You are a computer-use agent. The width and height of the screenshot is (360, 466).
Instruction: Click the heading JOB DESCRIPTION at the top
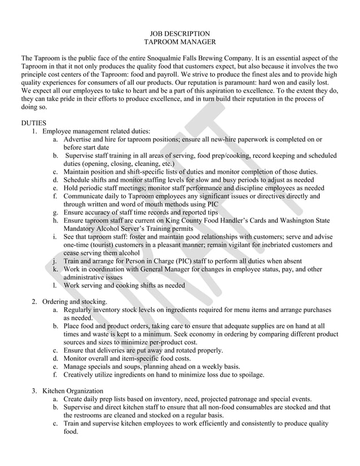pyautogui.click(x=179, y=34)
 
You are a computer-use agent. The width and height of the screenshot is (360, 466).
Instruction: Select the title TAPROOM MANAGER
pyautogui.click(x=179, y=42)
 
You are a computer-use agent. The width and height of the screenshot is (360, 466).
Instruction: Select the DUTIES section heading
pyautogui.click(x=35, y=122)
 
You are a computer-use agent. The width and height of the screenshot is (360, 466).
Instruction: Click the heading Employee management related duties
pyautogui.click(x=96, y=131)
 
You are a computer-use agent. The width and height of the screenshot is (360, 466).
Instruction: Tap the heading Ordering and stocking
pyautogui.click(x=74, y=302)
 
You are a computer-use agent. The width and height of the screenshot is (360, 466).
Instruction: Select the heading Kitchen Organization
pyautogui.click(x=73, y=391)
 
